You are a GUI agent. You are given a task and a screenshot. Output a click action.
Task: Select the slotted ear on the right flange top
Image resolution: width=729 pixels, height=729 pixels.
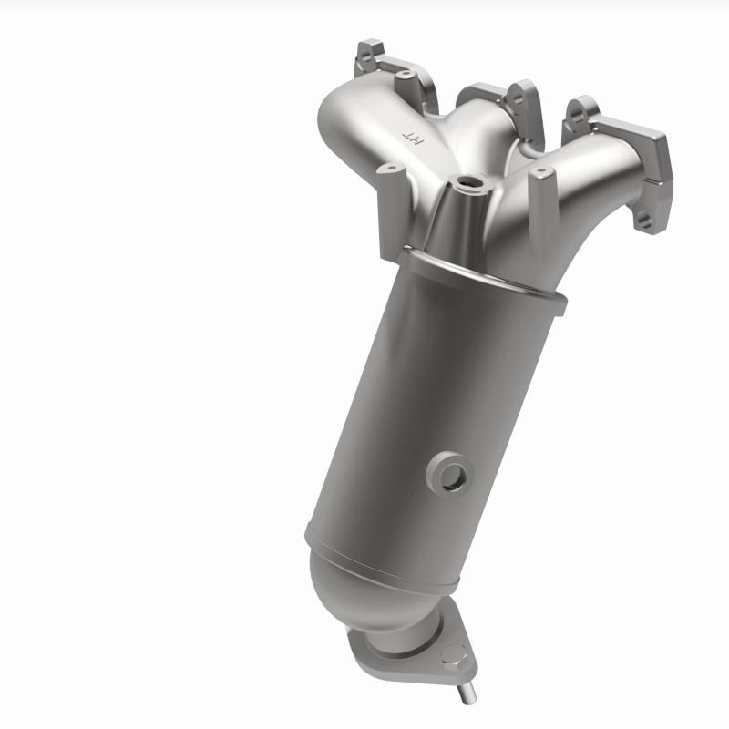578,113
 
